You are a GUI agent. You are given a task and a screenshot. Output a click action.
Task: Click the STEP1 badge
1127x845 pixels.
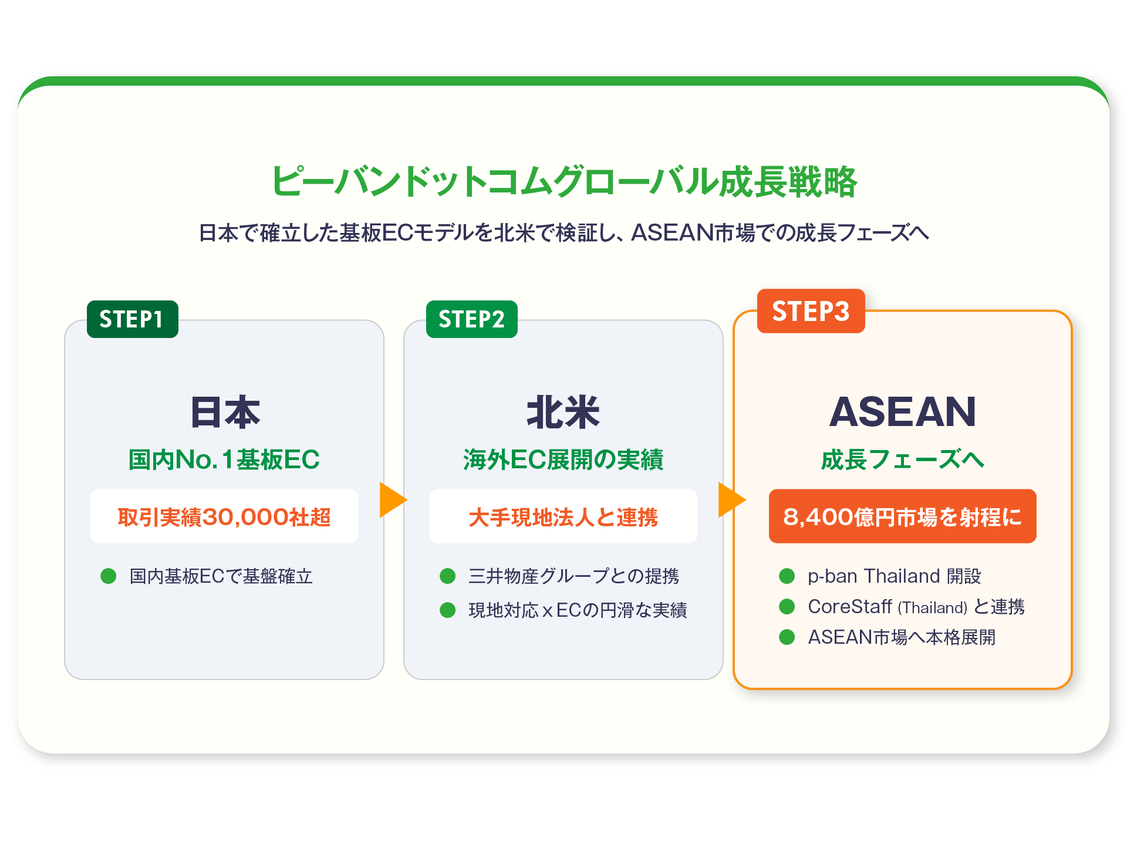pos(132,319)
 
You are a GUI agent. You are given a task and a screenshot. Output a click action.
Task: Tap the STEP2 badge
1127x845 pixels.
pos(471,319)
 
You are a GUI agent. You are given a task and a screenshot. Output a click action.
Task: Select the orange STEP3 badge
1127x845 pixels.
pos(811,311)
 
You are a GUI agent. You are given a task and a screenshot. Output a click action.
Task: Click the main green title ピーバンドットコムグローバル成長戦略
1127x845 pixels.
pos(563,181)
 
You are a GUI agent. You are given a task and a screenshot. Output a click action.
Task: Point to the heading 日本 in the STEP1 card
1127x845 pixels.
pos(225,412)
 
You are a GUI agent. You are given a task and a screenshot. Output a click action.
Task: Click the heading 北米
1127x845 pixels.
pos(563,412)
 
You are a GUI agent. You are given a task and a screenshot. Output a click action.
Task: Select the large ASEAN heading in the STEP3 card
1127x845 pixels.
pos(902,412)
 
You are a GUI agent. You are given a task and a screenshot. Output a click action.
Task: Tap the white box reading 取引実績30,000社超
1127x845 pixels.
pos(224,516)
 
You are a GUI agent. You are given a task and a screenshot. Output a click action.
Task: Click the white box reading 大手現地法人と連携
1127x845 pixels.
pos(563,516)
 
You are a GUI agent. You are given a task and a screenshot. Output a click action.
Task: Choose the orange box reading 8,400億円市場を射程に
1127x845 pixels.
pos(902,516)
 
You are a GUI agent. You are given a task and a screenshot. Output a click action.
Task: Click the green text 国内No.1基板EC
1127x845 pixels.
pos(224,459)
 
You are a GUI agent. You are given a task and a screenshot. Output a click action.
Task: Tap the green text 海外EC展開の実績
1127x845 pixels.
pos(563,459)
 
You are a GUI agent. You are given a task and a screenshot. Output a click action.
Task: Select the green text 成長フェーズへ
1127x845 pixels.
pos(902,459)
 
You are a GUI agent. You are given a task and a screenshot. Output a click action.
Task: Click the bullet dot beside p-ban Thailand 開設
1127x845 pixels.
pos(787,576)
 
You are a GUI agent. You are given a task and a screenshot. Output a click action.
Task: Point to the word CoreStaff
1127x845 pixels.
pos(849,607)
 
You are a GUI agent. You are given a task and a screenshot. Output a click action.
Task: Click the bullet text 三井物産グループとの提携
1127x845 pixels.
pos(573,576)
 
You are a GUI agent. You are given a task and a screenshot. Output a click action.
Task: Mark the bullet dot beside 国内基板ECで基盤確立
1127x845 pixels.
pos(109,576)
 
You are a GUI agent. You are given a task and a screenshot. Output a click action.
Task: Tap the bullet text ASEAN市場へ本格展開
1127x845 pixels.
pos(902,637)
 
